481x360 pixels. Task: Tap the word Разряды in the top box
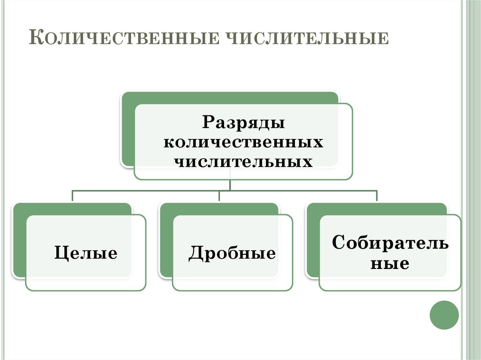click(x=244, y=123)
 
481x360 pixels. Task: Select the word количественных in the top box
click(x=243, y=142)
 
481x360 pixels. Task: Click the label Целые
click(x=85, y=253)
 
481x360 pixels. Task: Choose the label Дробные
click(x=232, y=253)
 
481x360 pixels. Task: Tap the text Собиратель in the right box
click(x=390, y=243)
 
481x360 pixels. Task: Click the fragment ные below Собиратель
click(x=390, y=263)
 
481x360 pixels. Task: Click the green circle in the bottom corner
click(x=444, y=315)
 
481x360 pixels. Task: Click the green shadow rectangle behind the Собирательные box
click(x=313, y=239)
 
